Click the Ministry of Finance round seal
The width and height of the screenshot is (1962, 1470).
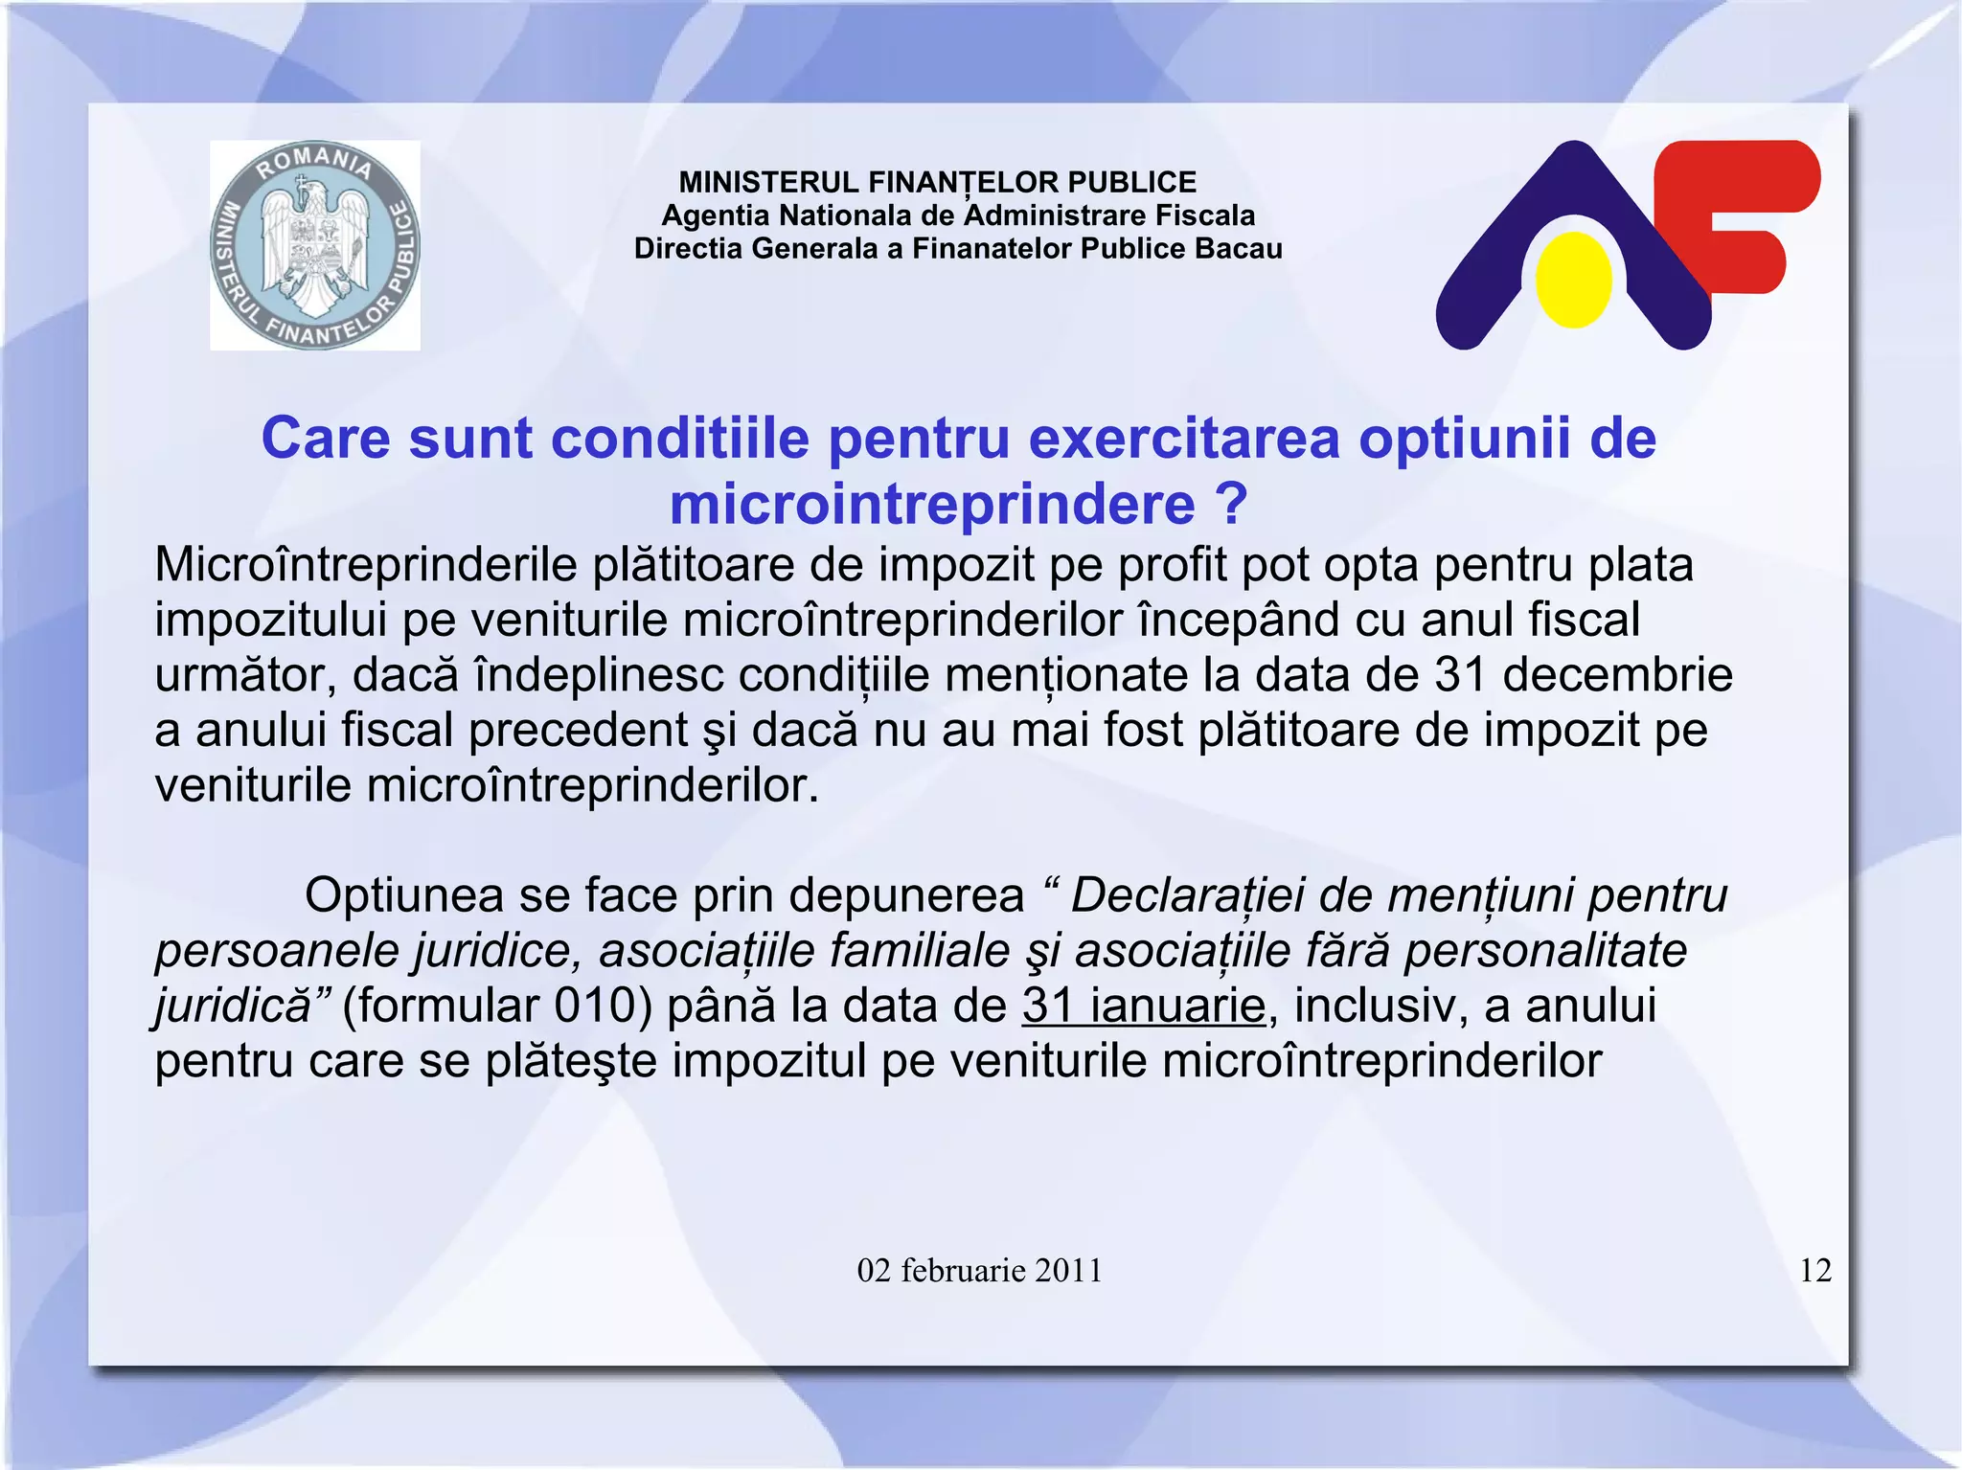click(x=314, y=245)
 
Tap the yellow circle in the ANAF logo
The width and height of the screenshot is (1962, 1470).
click(x=1573, y=280)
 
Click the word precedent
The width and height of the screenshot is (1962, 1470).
click(x=579, y=731)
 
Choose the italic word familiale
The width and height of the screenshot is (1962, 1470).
click(x=920, y=951)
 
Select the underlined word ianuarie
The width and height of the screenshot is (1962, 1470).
click(x=1177, y=1006)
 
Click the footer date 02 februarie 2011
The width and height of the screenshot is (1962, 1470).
click(x=979, y=1271)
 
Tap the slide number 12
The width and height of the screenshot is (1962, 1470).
click(x=1815, y=1271)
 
